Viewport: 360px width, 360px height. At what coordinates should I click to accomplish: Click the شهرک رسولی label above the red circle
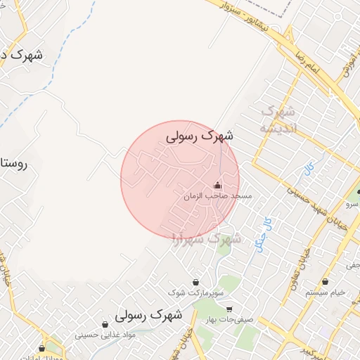(200, 136)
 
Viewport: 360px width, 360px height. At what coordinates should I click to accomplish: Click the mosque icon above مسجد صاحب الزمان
(216, 186)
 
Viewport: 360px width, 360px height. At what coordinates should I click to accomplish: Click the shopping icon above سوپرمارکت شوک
(195, 283)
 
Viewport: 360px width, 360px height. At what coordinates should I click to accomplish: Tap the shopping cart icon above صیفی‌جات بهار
(229, 309)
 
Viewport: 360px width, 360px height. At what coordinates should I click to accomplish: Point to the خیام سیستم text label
(326, 292)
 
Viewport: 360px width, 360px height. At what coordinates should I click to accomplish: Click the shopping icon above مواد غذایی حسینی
(105, 325)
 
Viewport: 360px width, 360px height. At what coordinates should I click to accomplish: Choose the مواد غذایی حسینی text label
(104, 335)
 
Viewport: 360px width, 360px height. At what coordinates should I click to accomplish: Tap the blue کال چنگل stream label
(261, 231)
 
